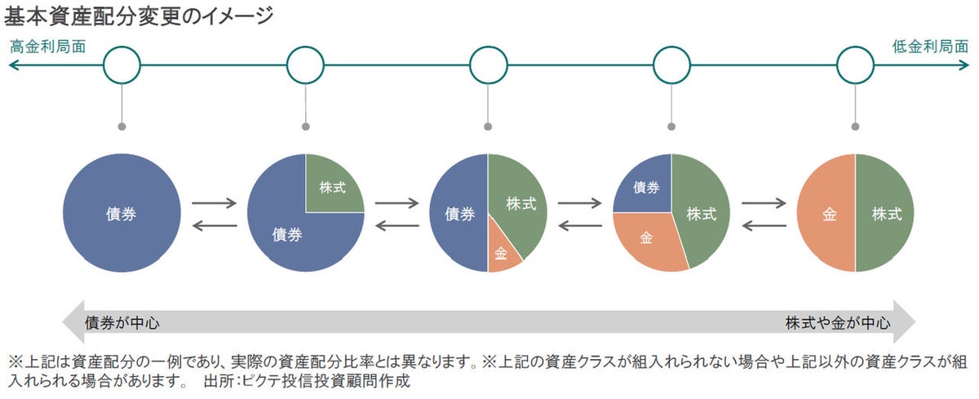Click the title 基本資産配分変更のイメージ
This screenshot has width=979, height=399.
[139, 16]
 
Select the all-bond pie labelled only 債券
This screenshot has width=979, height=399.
[122, 214]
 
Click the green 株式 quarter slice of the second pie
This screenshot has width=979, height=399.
[330, 185]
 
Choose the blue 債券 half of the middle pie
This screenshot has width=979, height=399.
[459, 214]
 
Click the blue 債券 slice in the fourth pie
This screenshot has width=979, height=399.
[646, 186]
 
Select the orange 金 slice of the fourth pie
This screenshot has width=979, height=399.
[646, 238]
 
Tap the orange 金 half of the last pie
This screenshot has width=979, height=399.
[828, 214]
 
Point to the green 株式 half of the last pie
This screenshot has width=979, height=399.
[886, 214]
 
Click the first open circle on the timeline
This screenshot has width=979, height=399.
[122, 64]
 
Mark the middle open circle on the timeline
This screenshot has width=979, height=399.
[488, 64]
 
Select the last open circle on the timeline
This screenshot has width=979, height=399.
[855, 64]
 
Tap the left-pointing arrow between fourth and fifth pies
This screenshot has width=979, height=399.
[764, 224]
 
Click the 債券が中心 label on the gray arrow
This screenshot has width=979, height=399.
[122, 322]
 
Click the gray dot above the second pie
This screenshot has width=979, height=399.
[305, 126]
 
